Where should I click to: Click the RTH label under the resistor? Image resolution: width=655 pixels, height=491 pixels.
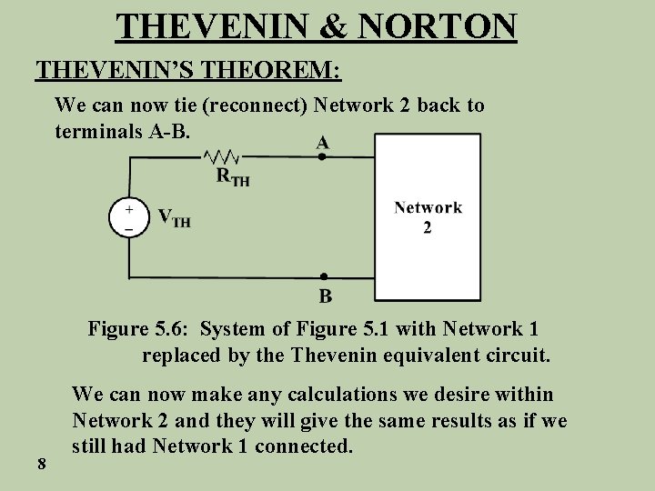[x=232, y=176]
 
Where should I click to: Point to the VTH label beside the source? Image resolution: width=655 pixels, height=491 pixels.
[x=174, y=218]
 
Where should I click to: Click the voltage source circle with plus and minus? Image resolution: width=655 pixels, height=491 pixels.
[x=129, y=219]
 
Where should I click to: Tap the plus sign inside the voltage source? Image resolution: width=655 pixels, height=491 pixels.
[x=129, y=209]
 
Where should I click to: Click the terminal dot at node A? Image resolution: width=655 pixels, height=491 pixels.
[x=322, y=156]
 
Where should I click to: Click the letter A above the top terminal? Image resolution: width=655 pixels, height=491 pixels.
[x=323, y=142]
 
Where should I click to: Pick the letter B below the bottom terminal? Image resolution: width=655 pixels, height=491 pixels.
[x=325, y=295]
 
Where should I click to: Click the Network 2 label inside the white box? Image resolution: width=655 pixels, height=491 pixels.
[x=428, y=216]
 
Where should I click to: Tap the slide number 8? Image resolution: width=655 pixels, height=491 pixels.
[x=42, y=465]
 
